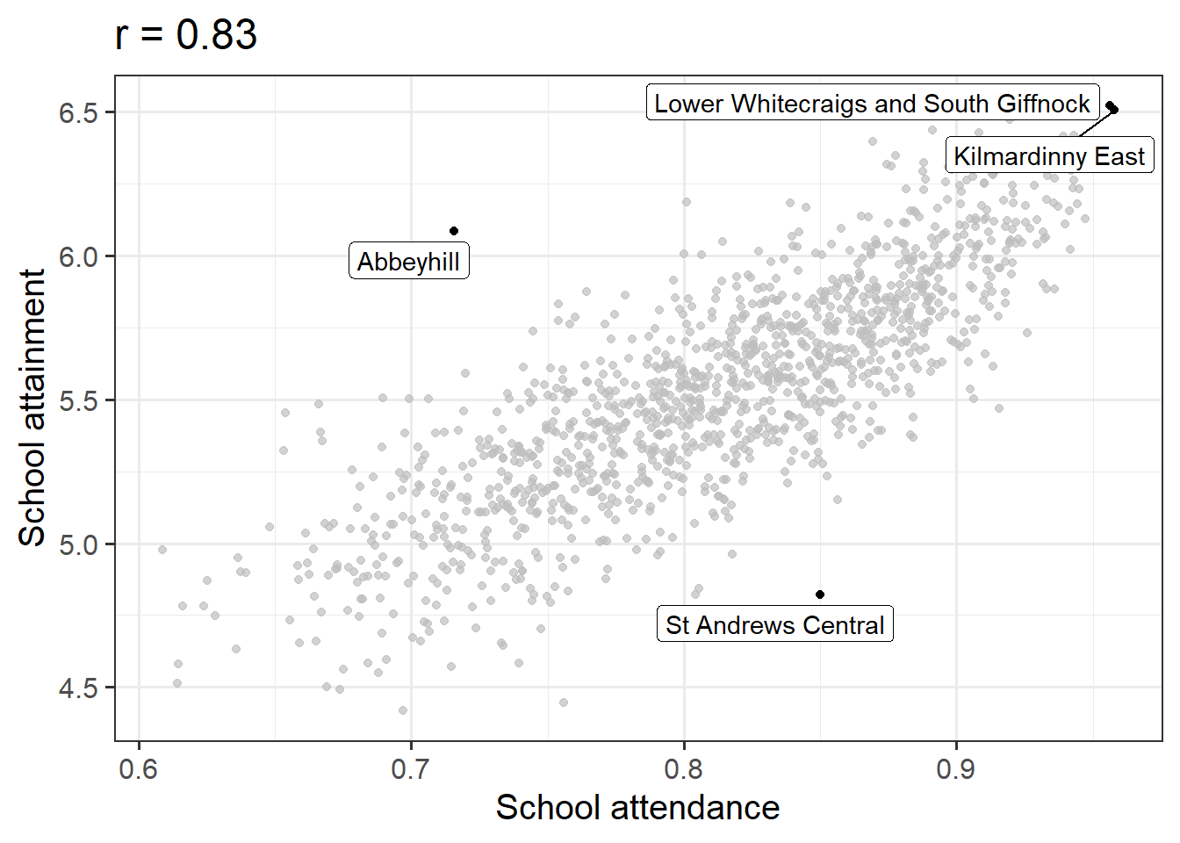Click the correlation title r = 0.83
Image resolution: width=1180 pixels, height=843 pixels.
[186, 35]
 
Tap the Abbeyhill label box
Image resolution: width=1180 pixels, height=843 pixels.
[408, 262]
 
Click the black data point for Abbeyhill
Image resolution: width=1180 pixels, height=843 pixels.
[454, 231]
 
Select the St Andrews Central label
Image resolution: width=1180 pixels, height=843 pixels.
[774, 624]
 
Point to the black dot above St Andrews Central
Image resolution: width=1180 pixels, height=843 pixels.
[820, 594]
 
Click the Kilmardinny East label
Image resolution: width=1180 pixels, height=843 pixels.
[1049, 156]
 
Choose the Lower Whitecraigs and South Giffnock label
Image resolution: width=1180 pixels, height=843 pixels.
[872, 104]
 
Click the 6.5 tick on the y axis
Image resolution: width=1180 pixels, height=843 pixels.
[78, 113]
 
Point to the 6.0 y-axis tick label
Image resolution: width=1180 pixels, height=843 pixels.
[78, 257]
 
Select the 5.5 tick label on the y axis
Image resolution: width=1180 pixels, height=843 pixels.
[78, 401]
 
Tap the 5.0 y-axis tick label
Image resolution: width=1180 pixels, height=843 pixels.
[78, 545]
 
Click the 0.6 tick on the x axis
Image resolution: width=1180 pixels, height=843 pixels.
[139, 769]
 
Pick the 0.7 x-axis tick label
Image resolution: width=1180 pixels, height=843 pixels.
[411, 769]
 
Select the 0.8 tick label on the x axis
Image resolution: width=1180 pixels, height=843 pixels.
[684, 769]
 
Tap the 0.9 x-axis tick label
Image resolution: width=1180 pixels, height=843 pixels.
[956, 769]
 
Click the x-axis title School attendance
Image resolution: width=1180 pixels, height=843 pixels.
[637, 808]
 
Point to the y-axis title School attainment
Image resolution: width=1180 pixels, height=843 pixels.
[32, 407]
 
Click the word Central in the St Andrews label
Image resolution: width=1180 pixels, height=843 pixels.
[844, 624]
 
